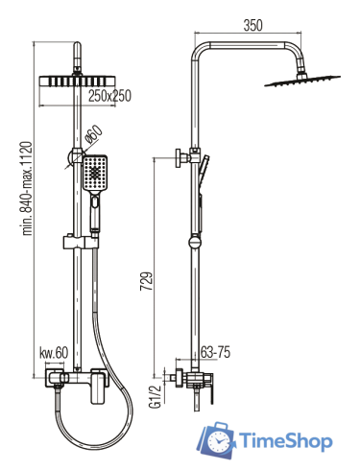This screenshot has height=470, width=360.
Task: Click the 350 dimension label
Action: coord(252,25)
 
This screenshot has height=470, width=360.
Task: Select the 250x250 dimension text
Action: coord(109,96)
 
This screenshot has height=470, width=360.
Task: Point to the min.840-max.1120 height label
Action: coord(27,188)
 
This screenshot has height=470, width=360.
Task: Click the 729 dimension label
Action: coord(146,281)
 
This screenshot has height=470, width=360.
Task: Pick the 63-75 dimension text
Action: coord(215,352)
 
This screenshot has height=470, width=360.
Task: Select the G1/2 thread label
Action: coord(155,396)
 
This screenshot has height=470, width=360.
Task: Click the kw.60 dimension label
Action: coord(54,353)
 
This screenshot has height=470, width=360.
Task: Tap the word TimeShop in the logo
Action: coord(286,441)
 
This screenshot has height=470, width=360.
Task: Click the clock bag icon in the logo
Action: coord(216,440)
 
